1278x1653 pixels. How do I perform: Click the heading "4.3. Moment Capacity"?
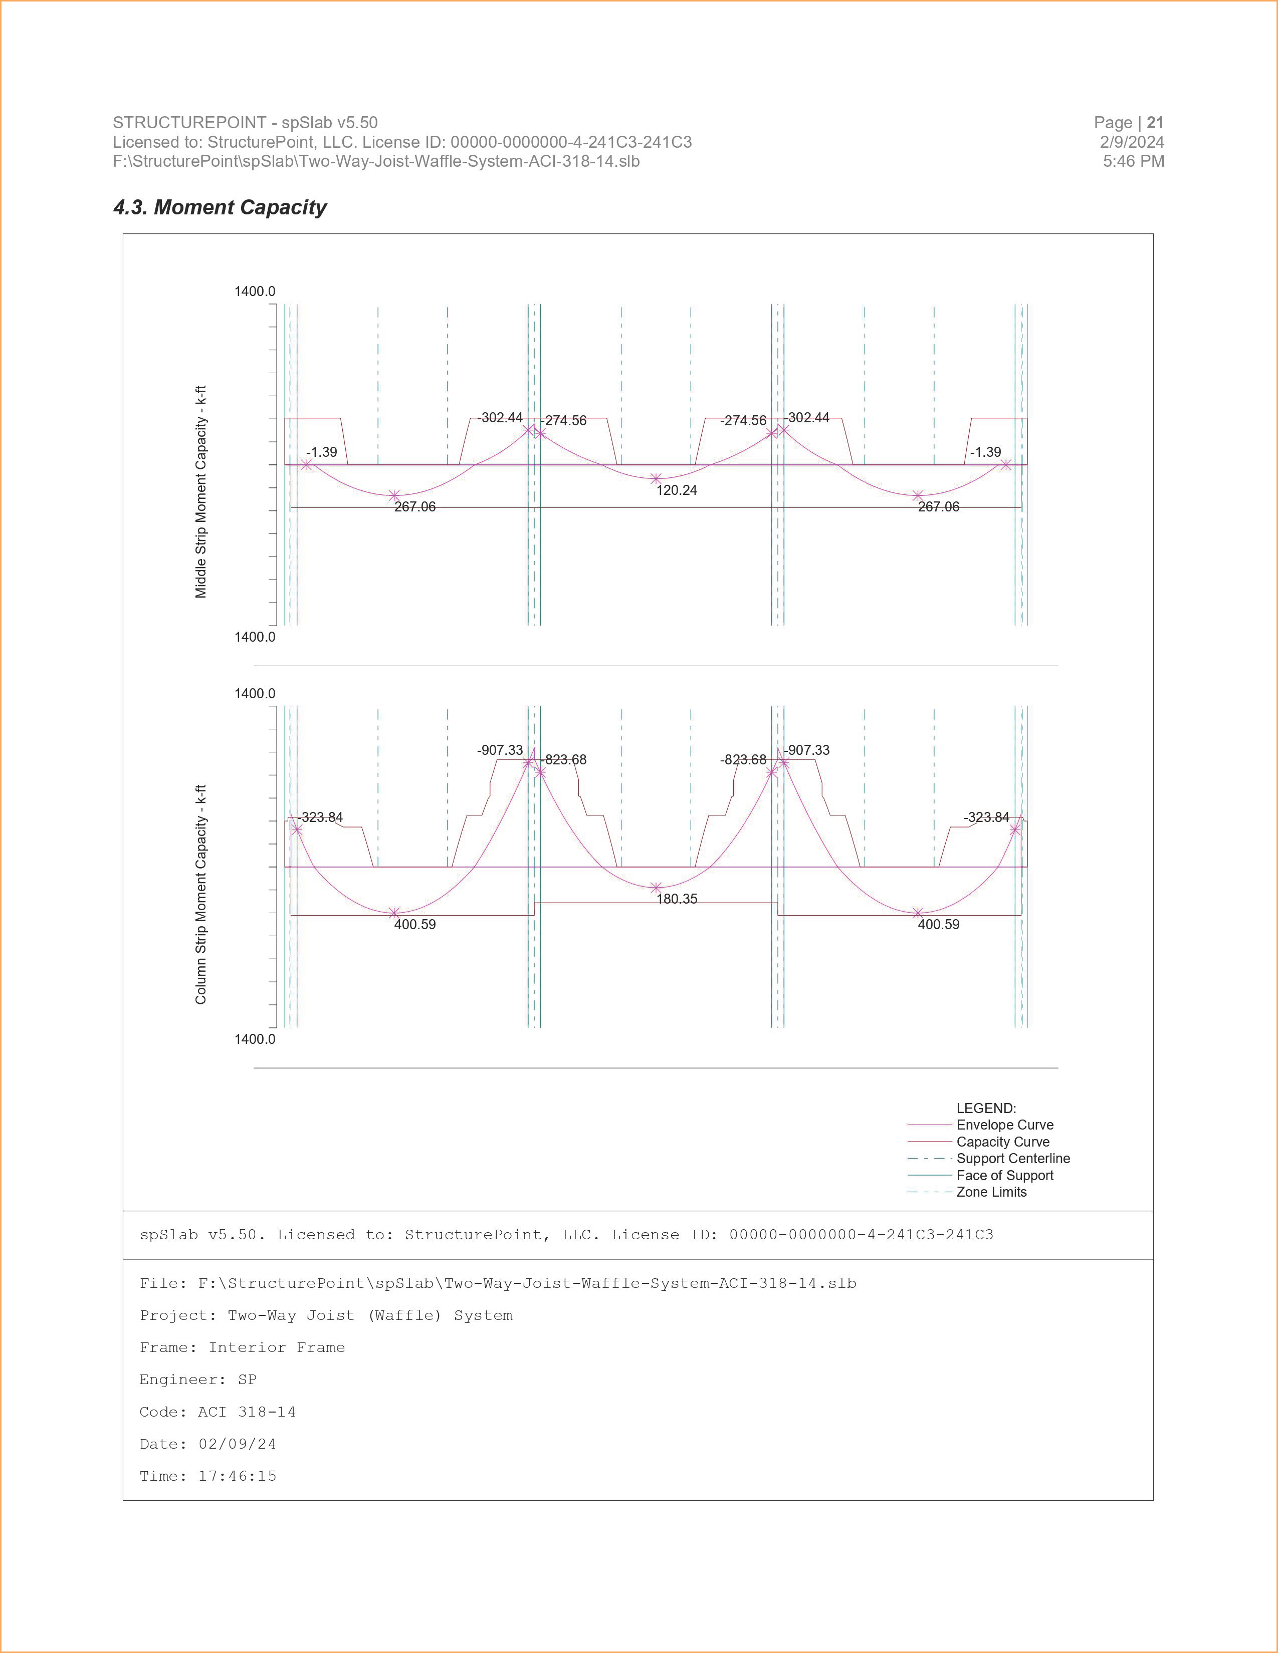220,207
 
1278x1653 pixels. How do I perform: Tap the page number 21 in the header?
1155,123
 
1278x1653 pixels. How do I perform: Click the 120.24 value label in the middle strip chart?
676,490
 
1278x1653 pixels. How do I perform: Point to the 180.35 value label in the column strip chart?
676,899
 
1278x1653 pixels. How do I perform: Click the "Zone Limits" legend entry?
991,1192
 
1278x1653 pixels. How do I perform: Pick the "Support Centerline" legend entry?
1012,1159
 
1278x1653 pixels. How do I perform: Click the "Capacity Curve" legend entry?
1002,1142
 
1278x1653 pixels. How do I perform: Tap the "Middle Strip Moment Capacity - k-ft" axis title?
200,492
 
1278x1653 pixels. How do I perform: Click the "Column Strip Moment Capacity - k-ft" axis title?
200,895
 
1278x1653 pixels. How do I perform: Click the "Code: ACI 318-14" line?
218,1413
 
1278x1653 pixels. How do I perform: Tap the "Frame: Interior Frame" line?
242,1348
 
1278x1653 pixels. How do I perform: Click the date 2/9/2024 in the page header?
1131,142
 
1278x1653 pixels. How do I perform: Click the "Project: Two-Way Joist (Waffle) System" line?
326,1315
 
